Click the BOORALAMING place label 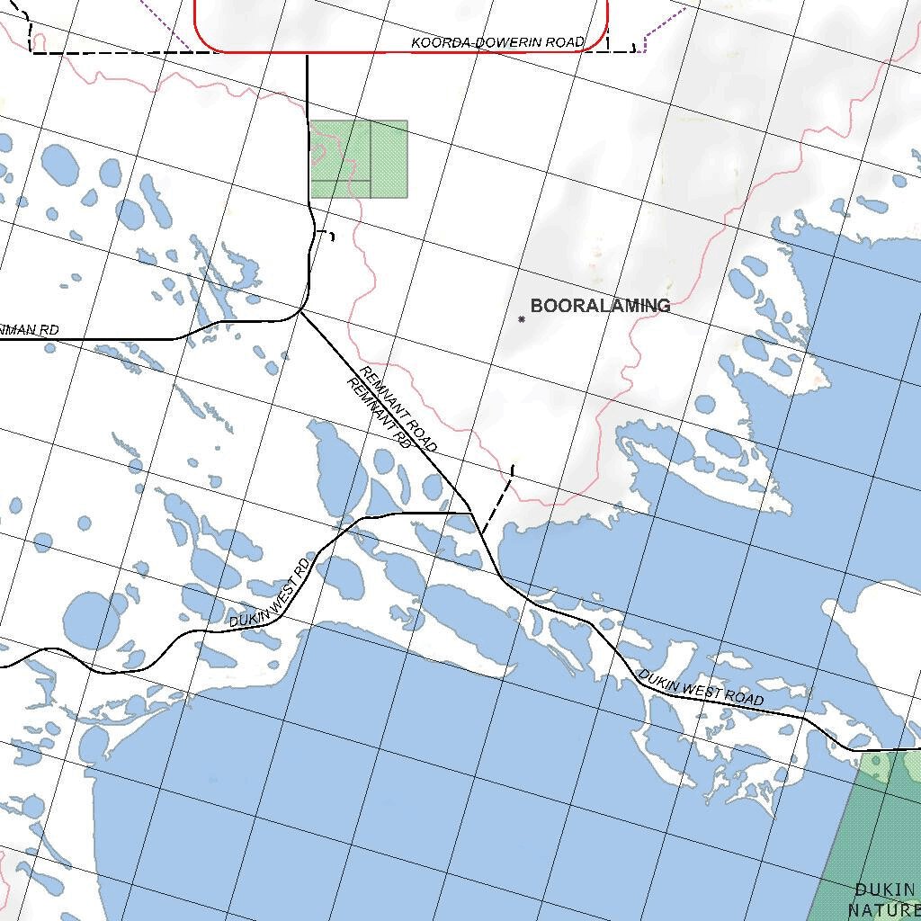tap(600, 306)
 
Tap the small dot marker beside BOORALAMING tap(522, 319)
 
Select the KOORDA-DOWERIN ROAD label tap(497, 42)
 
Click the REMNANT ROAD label tap(398, 409)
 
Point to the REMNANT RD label tap(379, 414)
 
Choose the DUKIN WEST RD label tap(270, 594)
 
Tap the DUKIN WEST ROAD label tap(701, 688)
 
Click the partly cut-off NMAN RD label tap(29, 330)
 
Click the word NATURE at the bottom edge tap(881, 909)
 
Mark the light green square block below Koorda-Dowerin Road tap(359, 159)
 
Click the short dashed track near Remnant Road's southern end tap(497, 499)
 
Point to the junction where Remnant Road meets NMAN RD tap(300, 312)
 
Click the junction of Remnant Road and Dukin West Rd tap(471, 514)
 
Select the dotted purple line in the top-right tap(664, 23)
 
